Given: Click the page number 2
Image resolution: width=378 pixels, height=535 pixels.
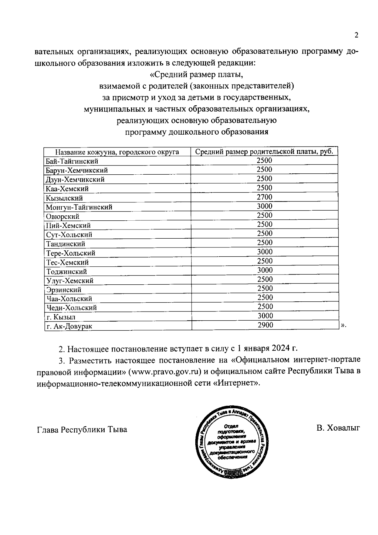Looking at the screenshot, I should (x=356, y=35).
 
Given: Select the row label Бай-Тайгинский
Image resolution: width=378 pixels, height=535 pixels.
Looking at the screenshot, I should (x=72, y=161).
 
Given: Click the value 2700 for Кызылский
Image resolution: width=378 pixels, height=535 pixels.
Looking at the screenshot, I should (x=264, y=197).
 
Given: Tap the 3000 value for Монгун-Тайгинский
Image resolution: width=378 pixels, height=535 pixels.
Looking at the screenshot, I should (x=264, y=206).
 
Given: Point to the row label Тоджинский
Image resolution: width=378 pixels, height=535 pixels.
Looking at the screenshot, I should (x=66, y=271).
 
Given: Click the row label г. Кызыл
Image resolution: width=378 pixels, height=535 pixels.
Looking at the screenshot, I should (x=61, y=317).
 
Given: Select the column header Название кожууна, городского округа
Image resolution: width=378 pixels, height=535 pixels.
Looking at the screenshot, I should (x=117, y=152).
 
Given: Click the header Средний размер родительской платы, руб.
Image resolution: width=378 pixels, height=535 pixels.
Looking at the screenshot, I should (x=264, y=151).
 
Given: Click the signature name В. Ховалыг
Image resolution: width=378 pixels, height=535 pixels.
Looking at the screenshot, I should (x=338, y=428).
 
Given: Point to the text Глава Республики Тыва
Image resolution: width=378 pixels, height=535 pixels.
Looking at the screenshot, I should (x=82, y=429).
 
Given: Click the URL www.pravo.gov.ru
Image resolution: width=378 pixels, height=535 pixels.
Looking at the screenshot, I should (x=165, y=371).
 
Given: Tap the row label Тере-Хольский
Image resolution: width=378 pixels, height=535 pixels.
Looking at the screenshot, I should (x=71, y=253).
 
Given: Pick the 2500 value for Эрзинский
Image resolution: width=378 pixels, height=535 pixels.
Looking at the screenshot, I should (x=264, y=288).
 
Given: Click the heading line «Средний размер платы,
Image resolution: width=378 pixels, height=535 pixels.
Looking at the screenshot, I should (x=197, y=75).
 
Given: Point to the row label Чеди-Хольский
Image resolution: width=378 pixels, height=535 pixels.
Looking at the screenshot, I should (x=72, y=308).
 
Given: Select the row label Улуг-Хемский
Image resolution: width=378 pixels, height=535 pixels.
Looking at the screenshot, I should (x=70, y=281).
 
